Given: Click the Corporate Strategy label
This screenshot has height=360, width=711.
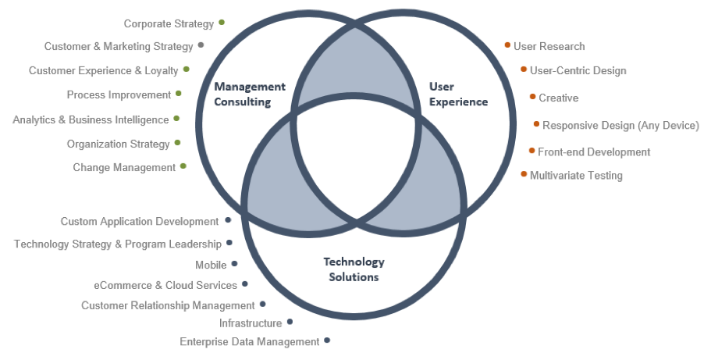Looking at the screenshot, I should (169, 24).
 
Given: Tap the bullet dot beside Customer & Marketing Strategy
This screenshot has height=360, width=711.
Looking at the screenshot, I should (201, 45).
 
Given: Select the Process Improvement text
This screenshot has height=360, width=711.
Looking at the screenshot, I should (119, 95).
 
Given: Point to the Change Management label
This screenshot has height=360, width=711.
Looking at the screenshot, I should (124, 167).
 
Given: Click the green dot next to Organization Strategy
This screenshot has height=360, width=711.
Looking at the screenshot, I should (178, 143).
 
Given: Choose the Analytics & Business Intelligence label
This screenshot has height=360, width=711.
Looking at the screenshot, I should (91, 120).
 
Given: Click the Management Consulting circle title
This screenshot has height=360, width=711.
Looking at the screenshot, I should (250, 94).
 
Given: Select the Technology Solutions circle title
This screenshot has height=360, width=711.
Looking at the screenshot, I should (354, 269).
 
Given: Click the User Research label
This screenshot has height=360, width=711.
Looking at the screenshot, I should (549, 47).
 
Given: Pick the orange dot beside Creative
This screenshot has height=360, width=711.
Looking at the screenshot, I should (532, 97).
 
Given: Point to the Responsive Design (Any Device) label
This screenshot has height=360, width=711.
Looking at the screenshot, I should (620, 125).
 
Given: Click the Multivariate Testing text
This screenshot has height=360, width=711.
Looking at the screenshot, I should (576, 176).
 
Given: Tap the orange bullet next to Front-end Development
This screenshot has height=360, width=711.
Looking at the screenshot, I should (531, 150).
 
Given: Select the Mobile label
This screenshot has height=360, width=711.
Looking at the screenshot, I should (211, 266).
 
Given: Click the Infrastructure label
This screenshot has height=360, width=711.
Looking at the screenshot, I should (251, 323).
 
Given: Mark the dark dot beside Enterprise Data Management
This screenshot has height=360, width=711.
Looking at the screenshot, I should (327, 340).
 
